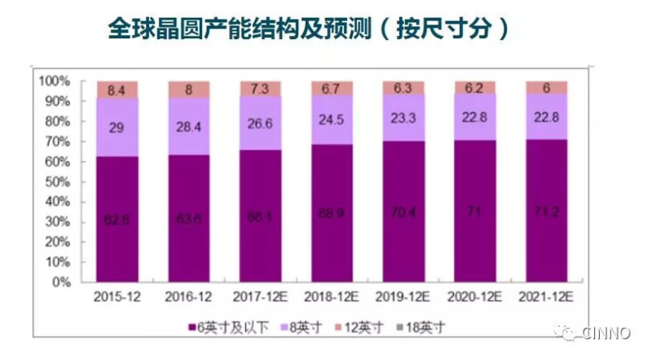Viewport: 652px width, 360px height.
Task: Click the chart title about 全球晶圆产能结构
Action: [x=309, y=30]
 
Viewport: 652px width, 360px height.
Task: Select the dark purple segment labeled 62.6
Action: [x=117, y=218]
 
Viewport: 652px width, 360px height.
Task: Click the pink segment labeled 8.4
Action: [x=117, y=90]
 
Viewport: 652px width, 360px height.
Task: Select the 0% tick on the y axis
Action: [x=62, y=283]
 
